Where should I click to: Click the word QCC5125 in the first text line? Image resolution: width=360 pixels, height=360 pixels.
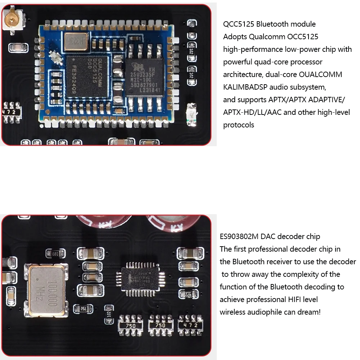tap(239, 24)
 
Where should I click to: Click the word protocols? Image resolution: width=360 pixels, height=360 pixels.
tap(239, 125)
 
